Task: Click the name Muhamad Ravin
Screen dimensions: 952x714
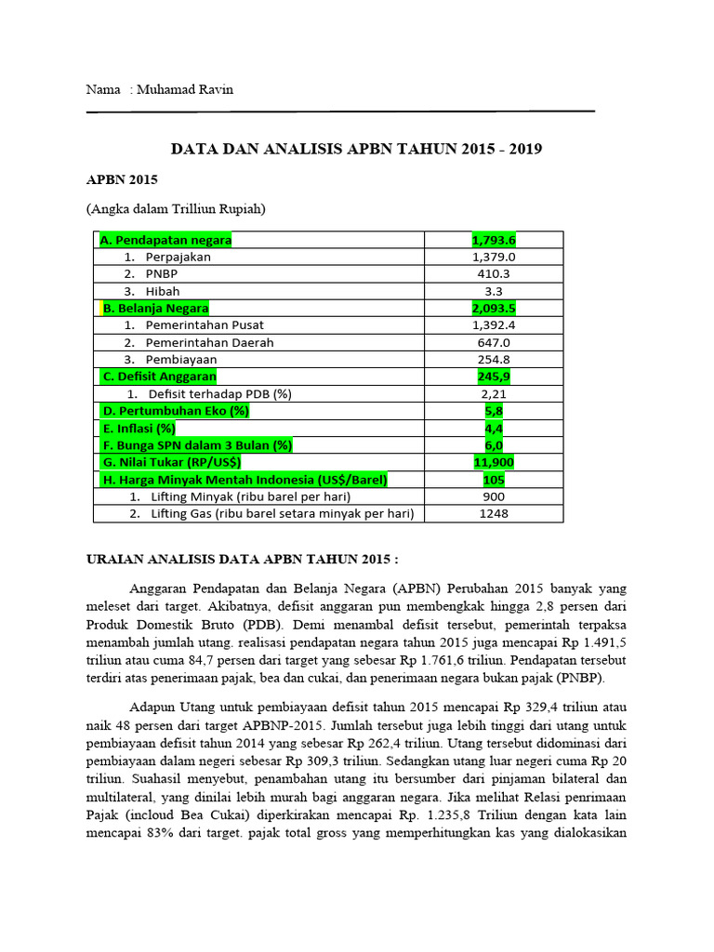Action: coord(184,90)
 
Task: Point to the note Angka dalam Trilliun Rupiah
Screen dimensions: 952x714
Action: coord(176,209)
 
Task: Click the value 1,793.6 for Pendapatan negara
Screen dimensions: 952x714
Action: coord(494,240)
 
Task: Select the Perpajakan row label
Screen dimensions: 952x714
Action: coord(178,258)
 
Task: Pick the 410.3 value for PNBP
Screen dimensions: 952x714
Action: coord(494,274)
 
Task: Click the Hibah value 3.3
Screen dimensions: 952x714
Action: coord(494,291)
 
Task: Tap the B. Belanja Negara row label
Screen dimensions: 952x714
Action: coord(155,308)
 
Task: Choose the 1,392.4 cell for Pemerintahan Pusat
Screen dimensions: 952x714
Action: coord(494,325)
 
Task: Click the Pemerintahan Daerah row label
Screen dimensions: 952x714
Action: coord(209,342)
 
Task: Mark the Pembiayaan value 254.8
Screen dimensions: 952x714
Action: coord(494,359)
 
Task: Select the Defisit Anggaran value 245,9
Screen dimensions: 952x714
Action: coord(494,377)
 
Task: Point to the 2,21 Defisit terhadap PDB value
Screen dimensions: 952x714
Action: coord(494,393)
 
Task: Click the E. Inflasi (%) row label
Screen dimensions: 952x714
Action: coord(139,428)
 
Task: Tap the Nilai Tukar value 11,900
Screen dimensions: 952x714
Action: coord(494,462)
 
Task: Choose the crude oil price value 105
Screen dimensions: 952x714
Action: coord(494,479)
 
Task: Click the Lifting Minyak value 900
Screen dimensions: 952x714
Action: coord(494,496)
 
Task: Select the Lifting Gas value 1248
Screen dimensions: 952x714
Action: coord(494,513)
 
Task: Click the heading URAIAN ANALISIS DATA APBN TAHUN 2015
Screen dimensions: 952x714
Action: coord(242,561)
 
